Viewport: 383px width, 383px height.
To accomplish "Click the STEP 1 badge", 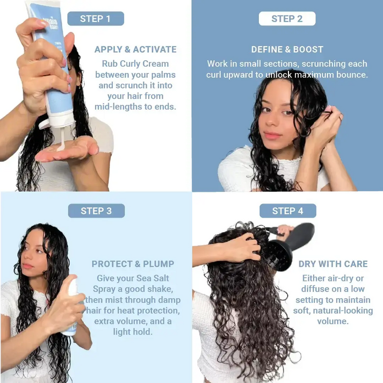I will [95, 19].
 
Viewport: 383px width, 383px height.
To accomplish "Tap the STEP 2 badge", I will [287, 19].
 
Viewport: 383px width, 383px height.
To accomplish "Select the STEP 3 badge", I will [96, 211].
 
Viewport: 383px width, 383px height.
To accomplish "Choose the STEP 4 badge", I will [287, 211].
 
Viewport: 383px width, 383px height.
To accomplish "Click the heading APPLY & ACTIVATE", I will [135, 49].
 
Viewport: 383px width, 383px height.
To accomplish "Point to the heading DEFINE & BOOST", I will [287, 49].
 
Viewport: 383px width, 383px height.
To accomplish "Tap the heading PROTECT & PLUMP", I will [133, 264].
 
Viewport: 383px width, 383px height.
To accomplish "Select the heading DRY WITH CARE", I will [333, 264].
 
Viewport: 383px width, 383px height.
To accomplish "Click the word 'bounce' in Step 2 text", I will [350, 75].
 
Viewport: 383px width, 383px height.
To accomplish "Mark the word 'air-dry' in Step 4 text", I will [346, 278].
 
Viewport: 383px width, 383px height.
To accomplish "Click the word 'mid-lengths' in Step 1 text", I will [119, 106].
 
